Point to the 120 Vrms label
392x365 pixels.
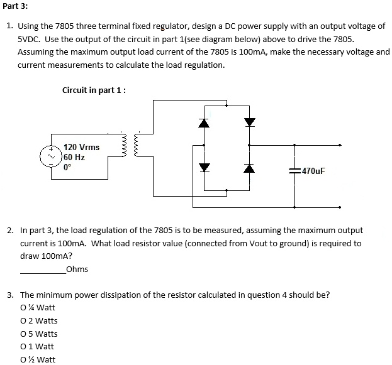[x=81, y=147]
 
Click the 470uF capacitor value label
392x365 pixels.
[x=313, y=171]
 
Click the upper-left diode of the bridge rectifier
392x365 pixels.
[x=203, y=123]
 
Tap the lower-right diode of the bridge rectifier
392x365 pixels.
[x=250, y=168]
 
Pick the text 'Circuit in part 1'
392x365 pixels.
[x=93, y=90]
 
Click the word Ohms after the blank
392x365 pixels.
[x=77, y=270]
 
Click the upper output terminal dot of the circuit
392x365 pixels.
[x=340, y=145]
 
